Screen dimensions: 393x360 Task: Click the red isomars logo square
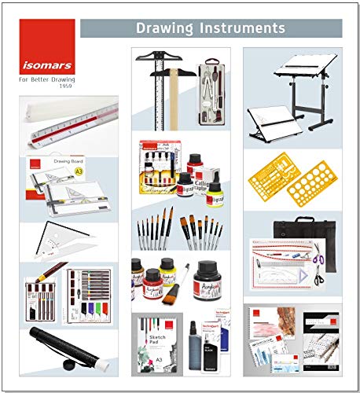click(46, 46)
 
